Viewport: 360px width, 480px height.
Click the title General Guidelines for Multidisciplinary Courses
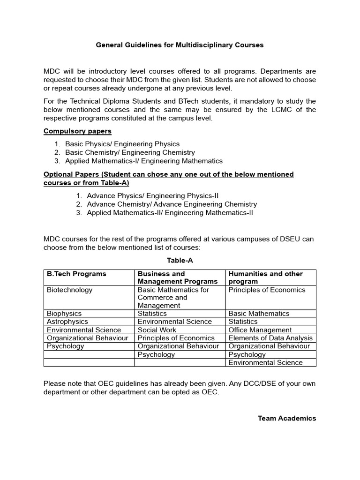pyautogui.click(x=180, y=45)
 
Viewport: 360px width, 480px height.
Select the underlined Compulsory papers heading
pyautogui.click(x=77, y=131)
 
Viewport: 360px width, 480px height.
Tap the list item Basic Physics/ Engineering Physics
pyautogui.click(x=122, y=144)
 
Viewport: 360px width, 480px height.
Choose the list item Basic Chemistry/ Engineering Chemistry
pyautogui.click(x=130, y=152)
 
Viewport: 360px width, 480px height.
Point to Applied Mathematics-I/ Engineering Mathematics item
pyautogui.click(x=144, y=161)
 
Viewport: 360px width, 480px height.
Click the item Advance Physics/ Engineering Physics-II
pyautogui.click(x=153, y=195)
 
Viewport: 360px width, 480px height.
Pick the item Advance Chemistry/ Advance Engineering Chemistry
pyautogui.click(x=172, y=204)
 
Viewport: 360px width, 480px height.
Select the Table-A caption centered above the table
pyautogui.click(x=180, y=260)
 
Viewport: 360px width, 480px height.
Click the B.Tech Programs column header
pyautogui.click(x=76, y=274)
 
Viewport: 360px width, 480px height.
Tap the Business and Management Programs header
pyautogui.click(x=178, y=277)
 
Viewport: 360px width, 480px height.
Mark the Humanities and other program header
pyautogui.click(x=265, y=277)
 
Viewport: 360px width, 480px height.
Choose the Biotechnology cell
pyautogui.click(x=70, y=290)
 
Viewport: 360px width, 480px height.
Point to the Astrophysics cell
pyautogui.click(x=67, y=322)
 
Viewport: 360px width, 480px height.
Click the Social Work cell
pyautogui.click(x=157, y=330)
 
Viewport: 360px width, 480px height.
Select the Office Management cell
pyautogui.click(x=260, y=330)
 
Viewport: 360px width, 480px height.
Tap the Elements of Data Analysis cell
pyautogui.click(x=270, y=338)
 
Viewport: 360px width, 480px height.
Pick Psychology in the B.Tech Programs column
pyautogui.click(x=66, y=346)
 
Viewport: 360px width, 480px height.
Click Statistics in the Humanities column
pyautogui.click(x=243, y=322)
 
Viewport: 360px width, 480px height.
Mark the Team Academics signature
pyautogui.click(x=287, y=418)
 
